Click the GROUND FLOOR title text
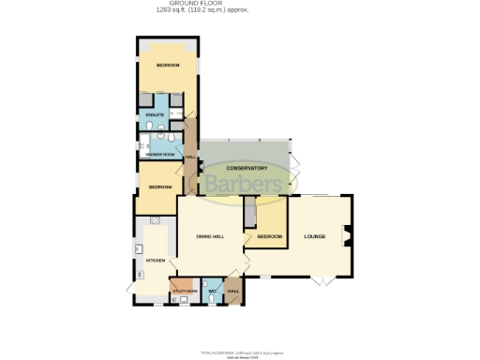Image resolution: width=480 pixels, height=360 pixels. (x=239, y=5)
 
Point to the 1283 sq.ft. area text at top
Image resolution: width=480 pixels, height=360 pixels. (x=239, y=11)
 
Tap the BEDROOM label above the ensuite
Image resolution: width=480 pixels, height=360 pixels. (x=168, y=65)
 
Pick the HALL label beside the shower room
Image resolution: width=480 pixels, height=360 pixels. (x=190, y=157)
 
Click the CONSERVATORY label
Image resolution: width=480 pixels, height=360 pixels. (x=247, y=168)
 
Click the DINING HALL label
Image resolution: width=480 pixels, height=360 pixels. (x=210, y=236)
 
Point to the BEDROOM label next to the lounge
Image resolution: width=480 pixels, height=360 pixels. (x=270, y=236)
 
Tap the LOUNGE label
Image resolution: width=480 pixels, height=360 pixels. (x=315, y=236)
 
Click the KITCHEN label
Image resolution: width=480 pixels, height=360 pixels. (x=156, y=259)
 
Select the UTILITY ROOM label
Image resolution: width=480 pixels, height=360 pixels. (x=185, y=292)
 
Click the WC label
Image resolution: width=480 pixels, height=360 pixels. (x=213, y=292)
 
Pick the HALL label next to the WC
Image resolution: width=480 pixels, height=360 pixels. (x=233, y=291)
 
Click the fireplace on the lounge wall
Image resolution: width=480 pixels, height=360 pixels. (x=348, y=236)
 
